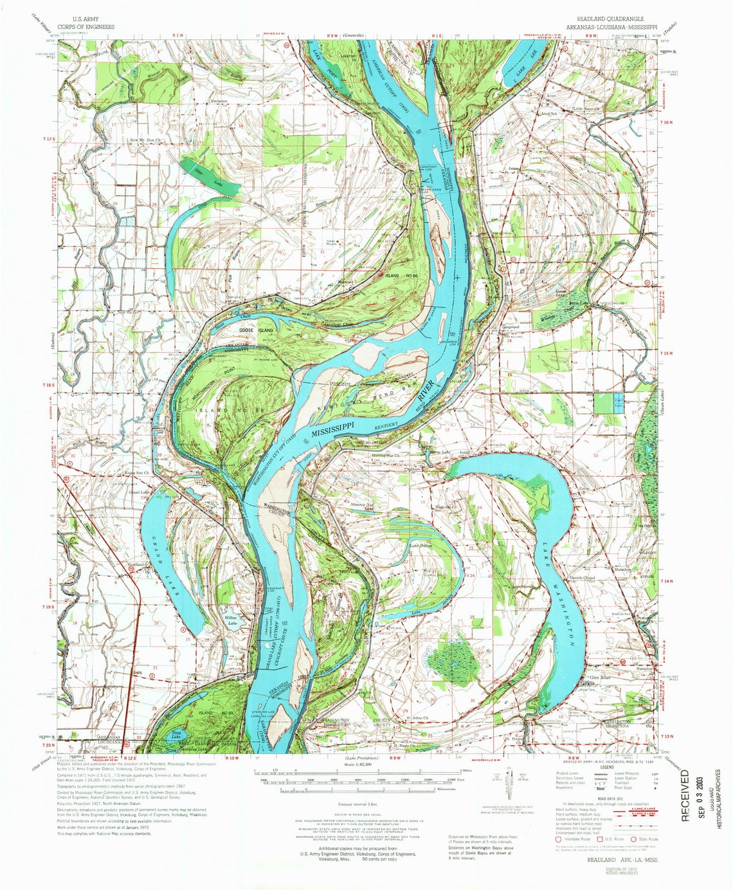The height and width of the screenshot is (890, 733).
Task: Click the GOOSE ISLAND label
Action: (256, 330)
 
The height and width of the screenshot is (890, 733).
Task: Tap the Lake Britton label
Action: (421, 546)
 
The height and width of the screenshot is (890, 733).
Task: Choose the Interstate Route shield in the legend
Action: (558, 839)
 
